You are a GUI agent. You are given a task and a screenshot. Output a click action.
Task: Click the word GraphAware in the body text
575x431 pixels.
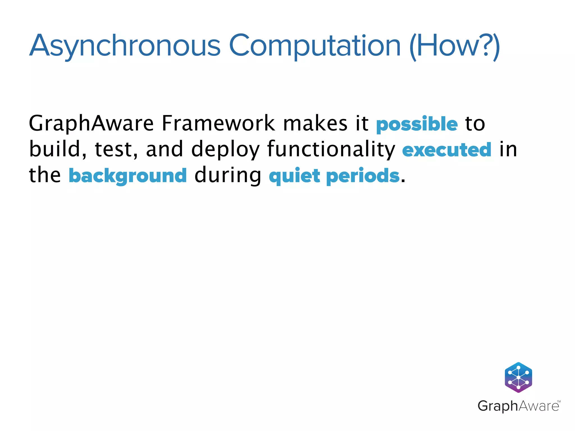91,124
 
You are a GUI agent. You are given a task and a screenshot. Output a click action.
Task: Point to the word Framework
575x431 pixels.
218,124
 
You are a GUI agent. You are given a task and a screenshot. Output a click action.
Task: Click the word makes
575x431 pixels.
315,124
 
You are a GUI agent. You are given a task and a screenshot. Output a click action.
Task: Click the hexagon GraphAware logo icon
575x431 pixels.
518,377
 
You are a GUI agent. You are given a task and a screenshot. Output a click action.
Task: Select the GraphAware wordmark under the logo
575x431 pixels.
518,406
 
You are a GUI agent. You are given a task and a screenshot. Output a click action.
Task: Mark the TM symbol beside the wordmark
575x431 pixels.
559,402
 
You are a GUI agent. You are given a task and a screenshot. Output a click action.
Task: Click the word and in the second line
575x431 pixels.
165,149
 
